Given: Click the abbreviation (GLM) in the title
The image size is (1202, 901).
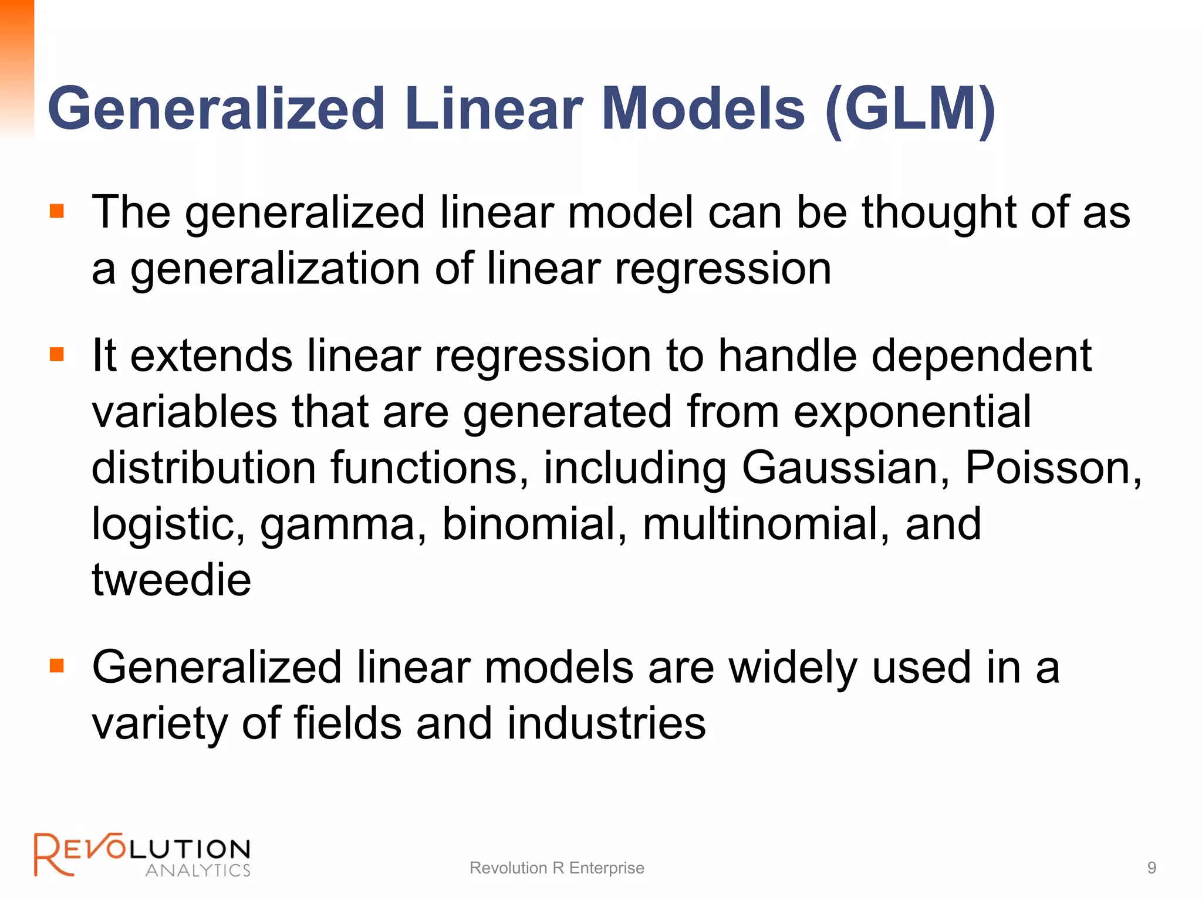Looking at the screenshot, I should click(910, 110).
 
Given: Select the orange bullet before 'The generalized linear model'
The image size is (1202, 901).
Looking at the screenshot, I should click(57, 211).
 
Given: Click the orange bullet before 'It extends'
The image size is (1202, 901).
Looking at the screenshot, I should click(57, 354).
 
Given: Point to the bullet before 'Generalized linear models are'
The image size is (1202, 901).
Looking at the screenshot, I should click(57, 666).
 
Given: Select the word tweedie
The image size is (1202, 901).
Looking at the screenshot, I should click(171, 580).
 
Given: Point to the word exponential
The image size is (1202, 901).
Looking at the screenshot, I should click(912, 412).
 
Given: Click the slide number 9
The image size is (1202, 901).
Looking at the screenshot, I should click(1152, 868).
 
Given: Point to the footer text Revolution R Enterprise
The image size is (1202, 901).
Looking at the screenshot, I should click(556, 868).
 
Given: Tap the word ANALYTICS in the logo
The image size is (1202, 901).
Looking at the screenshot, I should click(198, 870).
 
